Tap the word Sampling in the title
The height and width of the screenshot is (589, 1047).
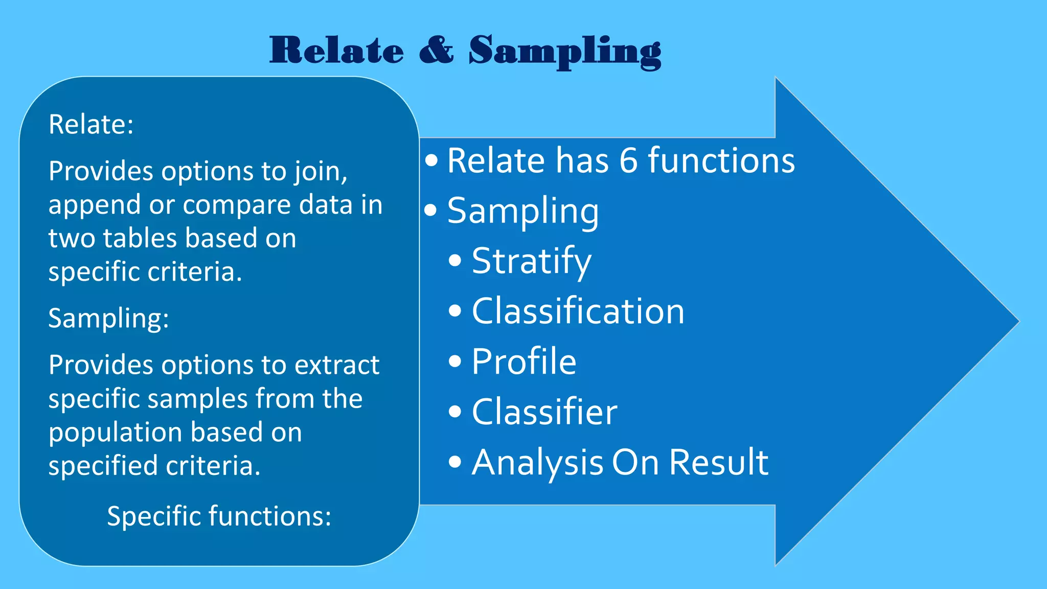click(x=565, y=51)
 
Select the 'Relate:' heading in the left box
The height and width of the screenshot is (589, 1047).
click(x=91, y=124)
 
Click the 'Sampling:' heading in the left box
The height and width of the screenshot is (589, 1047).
click(x=108, y=318)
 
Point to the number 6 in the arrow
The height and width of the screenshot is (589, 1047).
click(x=628, y=161)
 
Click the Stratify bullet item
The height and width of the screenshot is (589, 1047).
click(x=531, y=261)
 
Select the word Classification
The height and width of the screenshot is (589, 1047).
click(x=578, y=311)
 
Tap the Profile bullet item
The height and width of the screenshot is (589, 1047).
click(x=524, y=361)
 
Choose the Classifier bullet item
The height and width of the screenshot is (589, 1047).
click(x=544, y=412)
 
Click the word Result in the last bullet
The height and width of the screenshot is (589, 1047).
click(x=718, y=462)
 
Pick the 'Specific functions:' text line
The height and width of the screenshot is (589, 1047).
click(x=219, y=515)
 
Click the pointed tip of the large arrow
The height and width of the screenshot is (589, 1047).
click(x=1017, y=322)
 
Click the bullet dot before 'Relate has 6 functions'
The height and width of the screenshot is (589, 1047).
click(x=431, y=161)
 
